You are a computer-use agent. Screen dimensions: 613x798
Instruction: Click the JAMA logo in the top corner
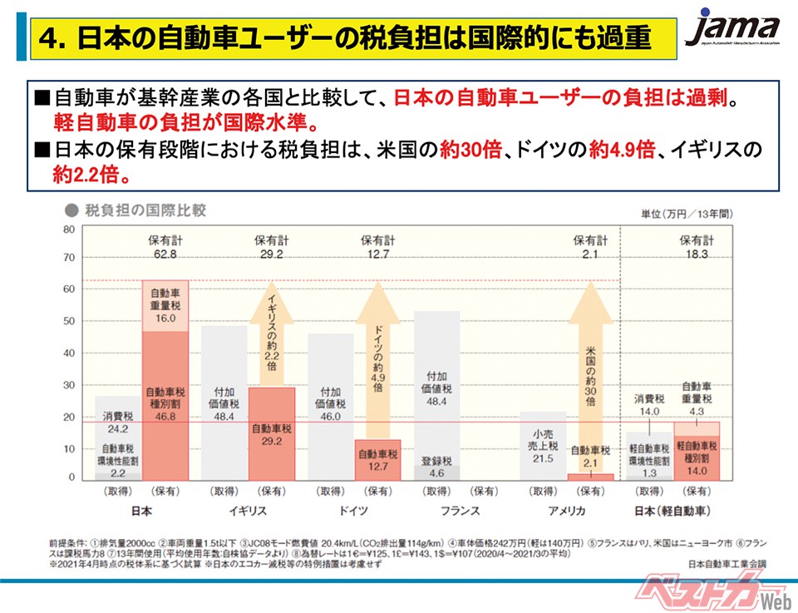[732, 32]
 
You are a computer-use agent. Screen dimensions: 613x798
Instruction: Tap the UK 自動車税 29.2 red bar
[272, 433]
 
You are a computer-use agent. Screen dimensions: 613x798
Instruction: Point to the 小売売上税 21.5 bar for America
[543, 445]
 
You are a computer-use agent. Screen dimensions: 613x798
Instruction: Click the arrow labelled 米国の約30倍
[590, 374]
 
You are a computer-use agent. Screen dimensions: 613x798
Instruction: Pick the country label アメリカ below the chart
[567, 510]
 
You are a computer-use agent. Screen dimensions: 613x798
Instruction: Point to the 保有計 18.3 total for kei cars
[697, 247]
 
